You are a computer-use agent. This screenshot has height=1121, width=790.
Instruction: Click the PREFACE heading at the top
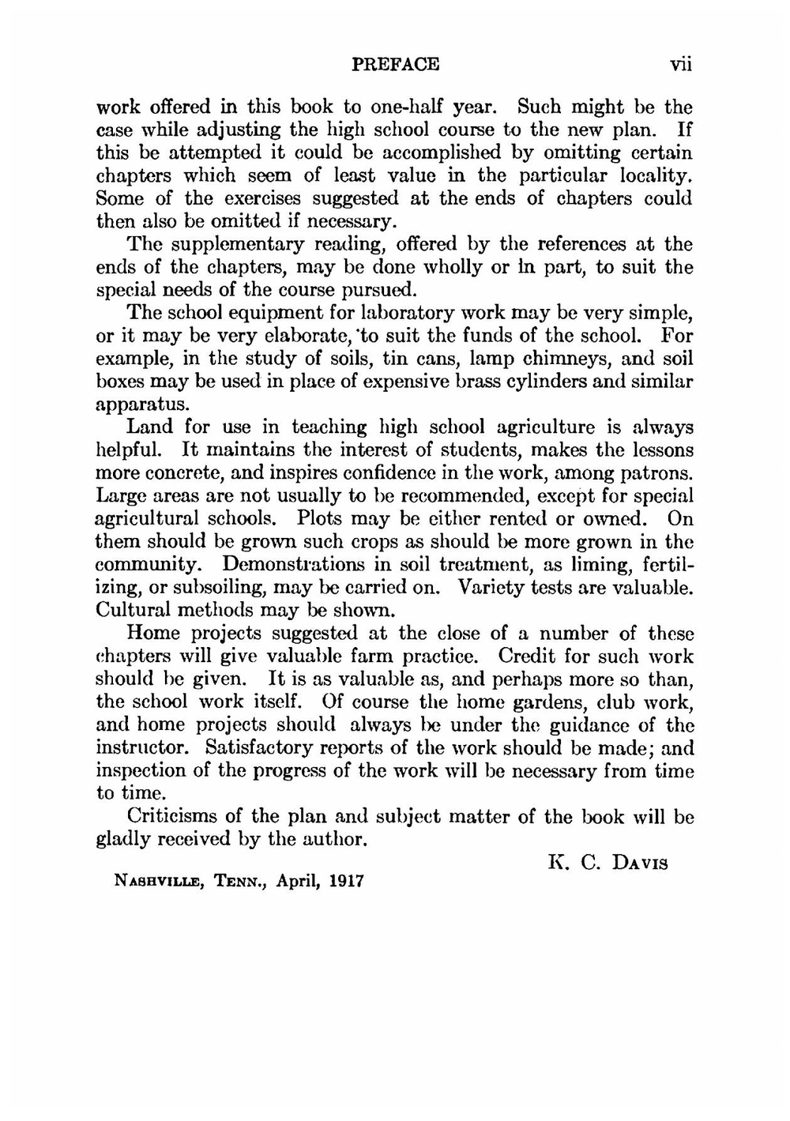coord(394,64)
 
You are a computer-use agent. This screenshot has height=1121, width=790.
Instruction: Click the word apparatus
coord(142,405)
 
